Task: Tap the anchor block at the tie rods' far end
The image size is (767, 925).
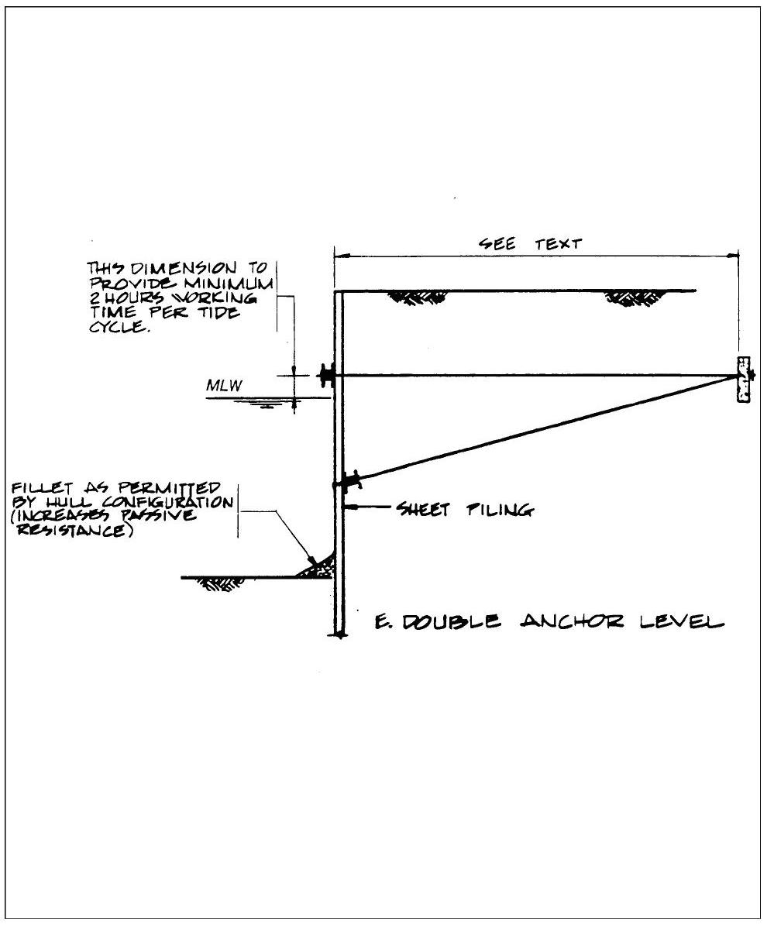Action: [744, 380]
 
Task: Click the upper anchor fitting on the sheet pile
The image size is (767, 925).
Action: [327, 376]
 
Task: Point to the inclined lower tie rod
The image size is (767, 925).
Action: [542, 430]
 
